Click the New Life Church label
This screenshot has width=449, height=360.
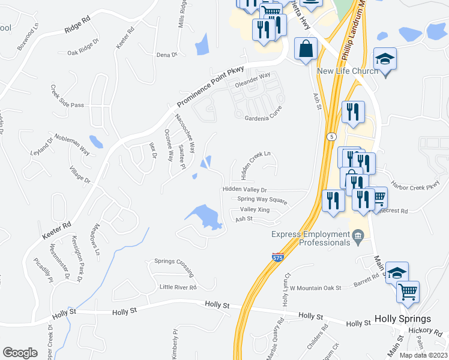click(x=348, y=71)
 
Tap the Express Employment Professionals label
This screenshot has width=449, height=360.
click(x=310, y=238)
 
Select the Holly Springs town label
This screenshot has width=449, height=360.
click(x=402, y=319)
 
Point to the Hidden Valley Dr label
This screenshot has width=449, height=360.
click(x=244, y=190)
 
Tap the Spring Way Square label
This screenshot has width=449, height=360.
click(x=262, y=199)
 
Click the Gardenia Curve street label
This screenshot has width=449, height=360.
click(x=263, y=118)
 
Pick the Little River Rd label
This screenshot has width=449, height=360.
click(x=178, y=287)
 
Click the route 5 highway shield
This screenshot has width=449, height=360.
click(x=331, y=137)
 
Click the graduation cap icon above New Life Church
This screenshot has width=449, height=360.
click(x=385, y=59)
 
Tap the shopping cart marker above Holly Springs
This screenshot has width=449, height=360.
click(x=408, y=292)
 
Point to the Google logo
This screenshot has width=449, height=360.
click(x=20, y=353)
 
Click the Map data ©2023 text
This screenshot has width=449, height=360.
click(x=423, y=355)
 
